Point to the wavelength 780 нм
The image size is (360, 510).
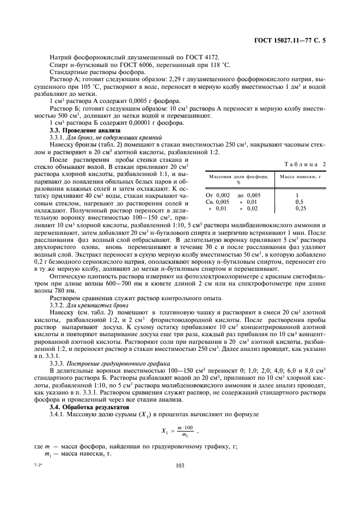click(58, 291)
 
